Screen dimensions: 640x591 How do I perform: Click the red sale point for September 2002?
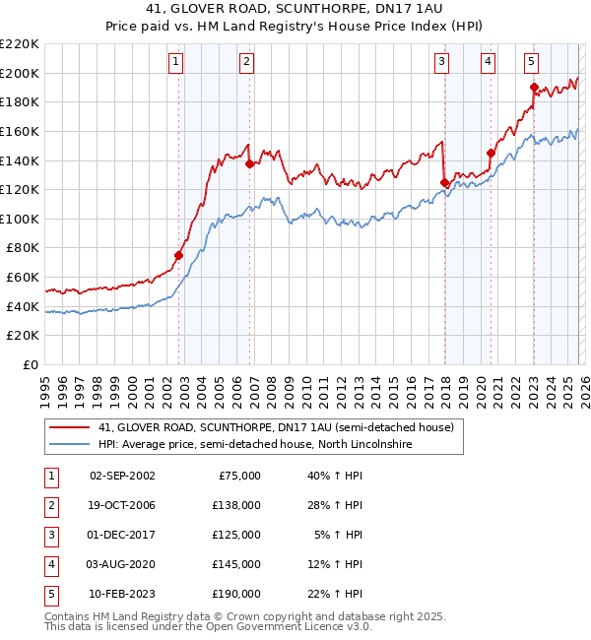click(179, 255)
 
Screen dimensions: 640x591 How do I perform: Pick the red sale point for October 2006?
click(249, 163)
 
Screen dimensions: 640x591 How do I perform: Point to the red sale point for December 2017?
click(444, 182)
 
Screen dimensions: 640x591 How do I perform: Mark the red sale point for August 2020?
click(491, 153)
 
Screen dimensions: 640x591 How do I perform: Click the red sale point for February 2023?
click(534, 87)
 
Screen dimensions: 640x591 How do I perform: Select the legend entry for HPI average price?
click(254, 445)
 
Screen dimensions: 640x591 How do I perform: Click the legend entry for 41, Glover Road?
click(276, 427)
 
